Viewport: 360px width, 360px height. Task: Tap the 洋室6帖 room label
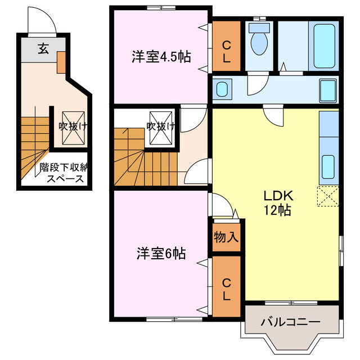pyautogui.click(x=161, y=254)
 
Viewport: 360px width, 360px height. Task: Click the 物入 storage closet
pyautogui.click(x=226, y=237)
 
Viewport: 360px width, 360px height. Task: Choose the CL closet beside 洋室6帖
pyautogui.click(x=226, y=287)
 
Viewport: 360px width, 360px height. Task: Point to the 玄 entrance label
pyautogui.click(x=43, y=48)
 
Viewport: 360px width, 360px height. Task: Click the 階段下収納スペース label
pyautogui.click(x=65, y=173)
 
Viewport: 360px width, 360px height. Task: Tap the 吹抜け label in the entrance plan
pyautogui.click(x=74, y=126)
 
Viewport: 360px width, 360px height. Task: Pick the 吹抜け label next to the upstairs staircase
pyautogui.click(x=160, y=126)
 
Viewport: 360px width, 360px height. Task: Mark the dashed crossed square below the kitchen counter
pyautogui.click(x=328, y=196)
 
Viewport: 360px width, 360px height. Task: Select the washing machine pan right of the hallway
pyautogui.click(x=328, y=89)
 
